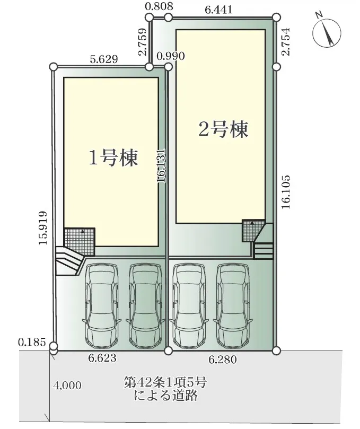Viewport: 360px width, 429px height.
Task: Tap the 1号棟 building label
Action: point(113,158)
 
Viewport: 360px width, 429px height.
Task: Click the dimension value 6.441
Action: point(218,10)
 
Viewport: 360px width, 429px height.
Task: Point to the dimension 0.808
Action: point(159,6)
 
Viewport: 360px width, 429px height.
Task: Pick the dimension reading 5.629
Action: point(104,59)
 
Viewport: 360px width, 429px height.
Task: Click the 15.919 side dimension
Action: point(43,227)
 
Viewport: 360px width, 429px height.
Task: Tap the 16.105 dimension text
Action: point(286,192)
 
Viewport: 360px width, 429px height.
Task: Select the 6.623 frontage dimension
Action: point(102,357)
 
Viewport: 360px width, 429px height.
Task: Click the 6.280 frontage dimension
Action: point(222,359)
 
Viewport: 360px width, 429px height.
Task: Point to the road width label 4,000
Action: point(67,386)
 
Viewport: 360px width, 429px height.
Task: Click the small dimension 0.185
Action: point(32,342)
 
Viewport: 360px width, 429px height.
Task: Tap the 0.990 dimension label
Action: point(171,56)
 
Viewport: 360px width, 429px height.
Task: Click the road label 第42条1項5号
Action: point(165,382)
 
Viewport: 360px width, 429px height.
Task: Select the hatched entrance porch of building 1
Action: point(80,242)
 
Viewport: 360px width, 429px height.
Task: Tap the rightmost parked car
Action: point(233,306)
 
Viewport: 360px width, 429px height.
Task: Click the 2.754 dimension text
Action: point(286,42)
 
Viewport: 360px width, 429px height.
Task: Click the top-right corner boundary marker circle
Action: point(277,17)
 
